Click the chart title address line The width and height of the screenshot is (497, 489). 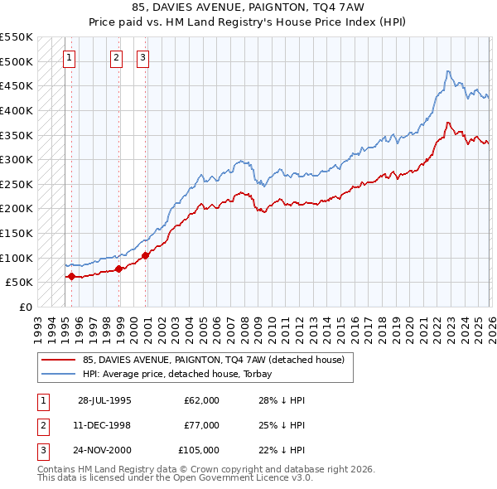pyautogui.click(x=248, y=7)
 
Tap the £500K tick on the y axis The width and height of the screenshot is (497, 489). pyautogui.click(x=17, y=61)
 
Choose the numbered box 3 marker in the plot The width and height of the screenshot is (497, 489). pyautogui.click(x=142, y=57)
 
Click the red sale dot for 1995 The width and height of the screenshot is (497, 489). pyautogui.click(x=71, y=277)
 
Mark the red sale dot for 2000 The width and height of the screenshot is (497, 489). pyautogui.click(x=146, y=255)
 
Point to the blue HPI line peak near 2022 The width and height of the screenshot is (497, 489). pyautogui.click(x=447, y=71)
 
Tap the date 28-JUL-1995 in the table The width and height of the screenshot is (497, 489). pyautogui.click(x=104, y=400)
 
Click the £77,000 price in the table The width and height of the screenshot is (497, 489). pyautogui.click(x=202, y=425)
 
